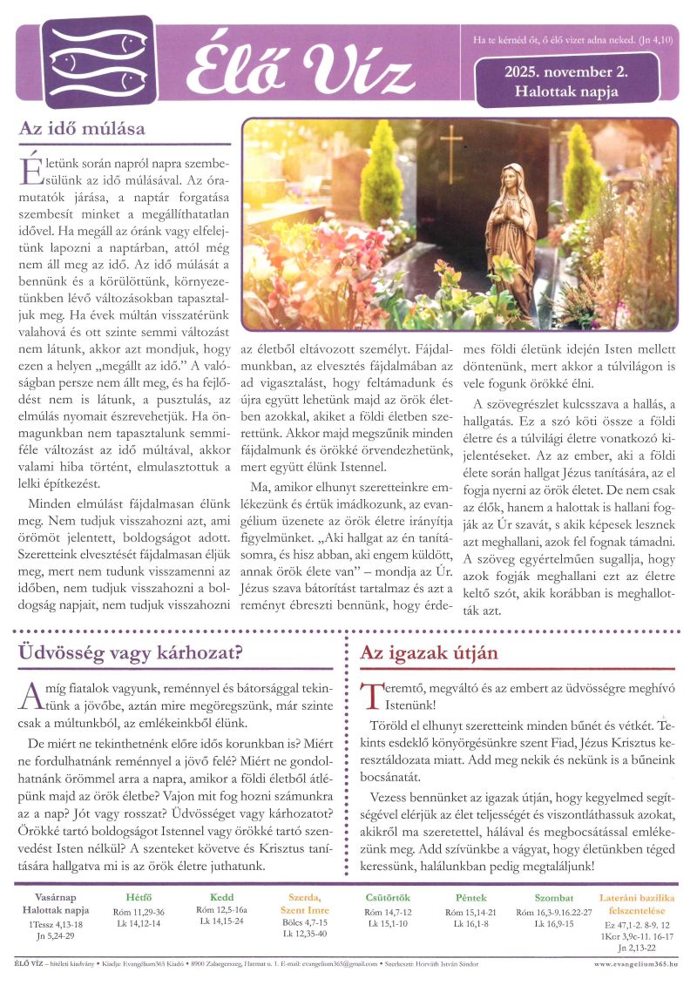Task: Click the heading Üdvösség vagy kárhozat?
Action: pyautogui.click(x=131, y=652)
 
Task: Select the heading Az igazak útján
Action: pyautogui.click(x=429, y=652)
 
